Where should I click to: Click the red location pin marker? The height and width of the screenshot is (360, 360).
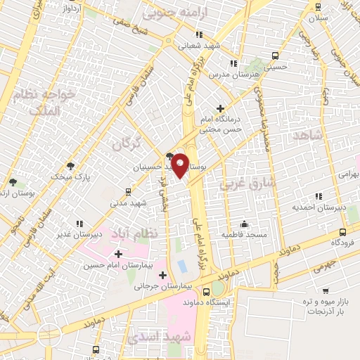click(x=181, y=165)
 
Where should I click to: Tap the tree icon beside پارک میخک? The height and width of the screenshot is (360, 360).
click(x=70, y=166)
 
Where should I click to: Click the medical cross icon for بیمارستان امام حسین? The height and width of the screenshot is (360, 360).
click(x=117, y=253)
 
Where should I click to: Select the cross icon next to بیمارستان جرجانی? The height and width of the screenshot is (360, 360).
click(x=164, y=275)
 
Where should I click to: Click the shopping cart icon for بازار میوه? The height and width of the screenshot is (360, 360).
click(x=326, y=290)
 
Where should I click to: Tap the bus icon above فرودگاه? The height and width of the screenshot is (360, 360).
click(x=342, y=231)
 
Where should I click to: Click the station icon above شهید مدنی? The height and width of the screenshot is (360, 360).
click(x=128, y=191)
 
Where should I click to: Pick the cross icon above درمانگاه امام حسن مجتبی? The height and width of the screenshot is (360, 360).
click(x=221, y=108)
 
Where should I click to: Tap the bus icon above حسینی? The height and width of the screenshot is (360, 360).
click(x=275, y=56)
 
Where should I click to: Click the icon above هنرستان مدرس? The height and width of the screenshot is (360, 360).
click(x=233, y=63)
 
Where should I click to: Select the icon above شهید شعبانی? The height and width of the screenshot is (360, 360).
click(x=200, y=34)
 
